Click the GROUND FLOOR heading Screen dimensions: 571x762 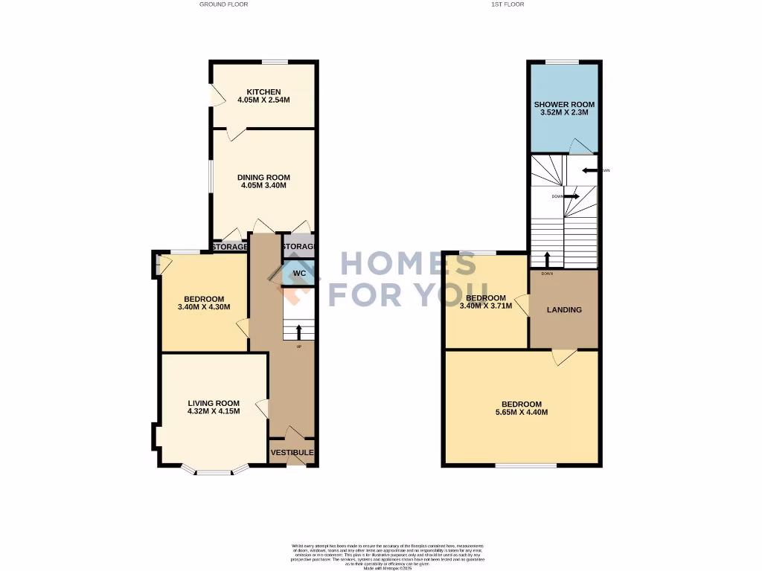click(223, 4)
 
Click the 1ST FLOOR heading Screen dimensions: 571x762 click(508, 4)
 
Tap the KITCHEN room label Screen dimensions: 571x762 click(263, 92)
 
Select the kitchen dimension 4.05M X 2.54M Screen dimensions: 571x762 click(263, 100)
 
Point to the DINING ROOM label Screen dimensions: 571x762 click(263, 177)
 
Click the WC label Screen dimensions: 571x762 click(299, 274)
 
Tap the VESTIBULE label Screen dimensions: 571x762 click(292, 452)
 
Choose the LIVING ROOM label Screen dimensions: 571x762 click(213, 403)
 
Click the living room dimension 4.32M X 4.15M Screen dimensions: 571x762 click(213, 411)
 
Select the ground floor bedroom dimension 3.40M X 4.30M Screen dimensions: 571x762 click(204, 306)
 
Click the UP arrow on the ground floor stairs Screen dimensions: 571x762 click(299, 331)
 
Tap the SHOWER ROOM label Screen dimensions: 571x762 click(564, 104)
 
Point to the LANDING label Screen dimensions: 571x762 click(564, 309)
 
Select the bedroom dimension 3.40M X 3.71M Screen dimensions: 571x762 click(486, 306)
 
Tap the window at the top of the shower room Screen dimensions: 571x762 click(563, 62)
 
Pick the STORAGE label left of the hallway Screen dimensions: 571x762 click(229, 247)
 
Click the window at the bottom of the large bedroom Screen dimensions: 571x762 click(526, 465)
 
